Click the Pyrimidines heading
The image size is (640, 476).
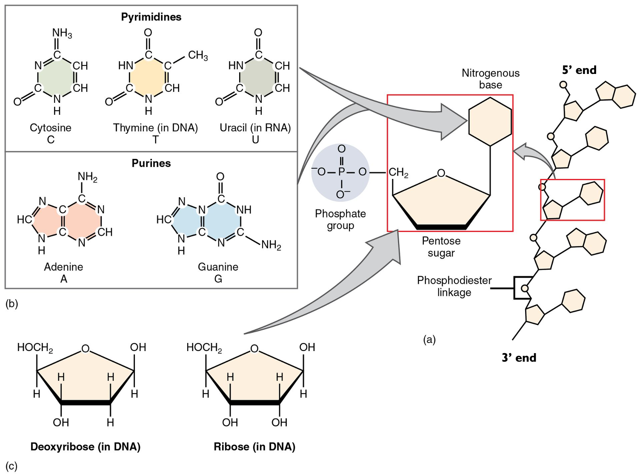click(x=151, y=17)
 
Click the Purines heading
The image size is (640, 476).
click(x=151, y=163)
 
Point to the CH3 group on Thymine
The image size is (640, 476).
click(x=198, y=56)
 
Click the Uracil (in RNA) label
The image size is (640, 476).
click(x=255, y=128)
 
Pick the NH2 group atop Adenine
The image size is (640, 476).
click(x=87, y=177)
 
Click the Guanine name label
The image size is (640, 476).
click(x=218, y=267)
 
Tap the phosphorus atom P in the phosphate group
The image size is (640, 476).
click(x=341, y=172)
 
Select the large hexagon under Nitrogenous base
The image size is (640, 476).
click(x=490, y=122)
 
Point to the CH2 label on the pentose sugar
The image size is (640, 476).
click(x=398, y=173)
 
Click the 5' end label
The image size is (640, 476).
click(x=579, y=70)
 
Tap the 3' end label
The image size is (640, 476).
click(x=519, y=358)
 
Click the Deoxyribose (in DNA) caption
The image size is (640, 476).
click(x=86, y=447)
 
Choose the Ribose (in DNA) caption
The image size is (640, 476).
click(x=254, y=447)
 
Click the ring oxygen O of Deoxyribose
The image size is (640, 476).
click(x=86, y=349)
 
